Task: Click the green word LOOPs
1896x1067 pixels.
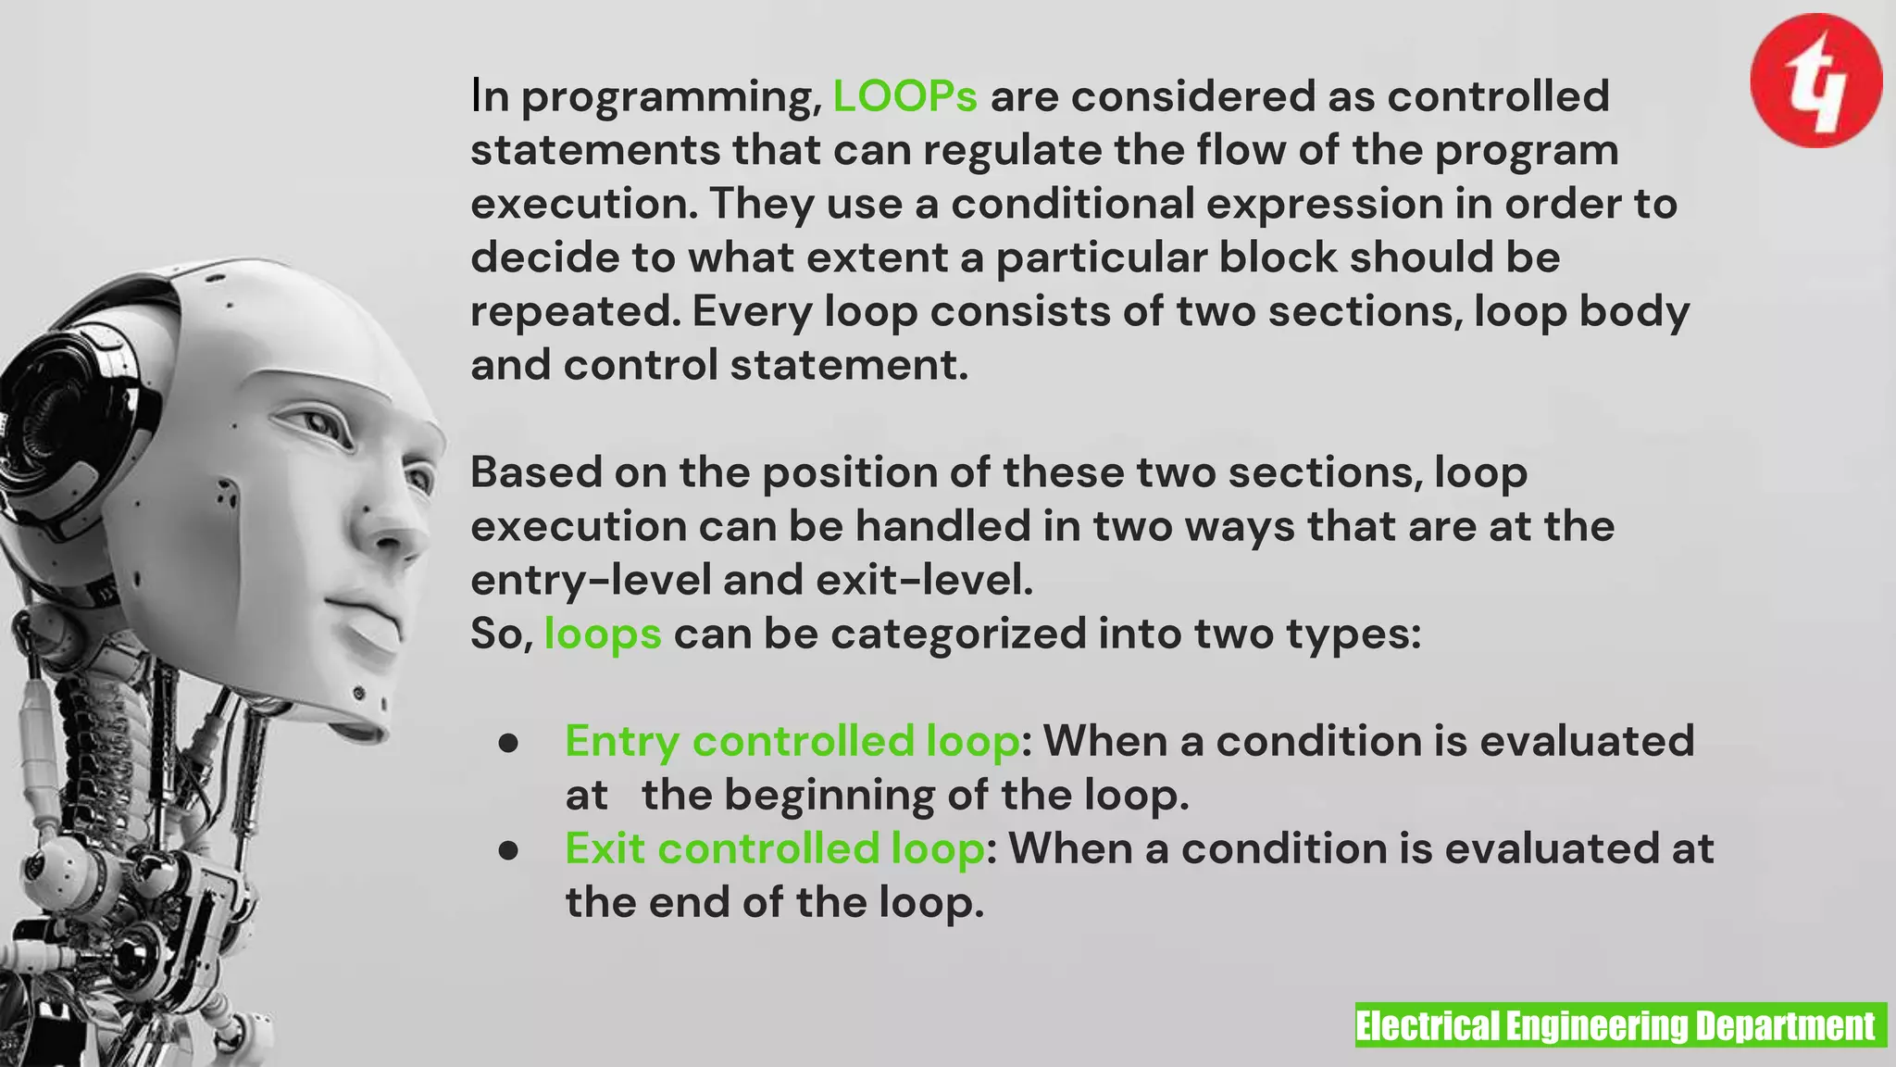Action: [x=904, y=96]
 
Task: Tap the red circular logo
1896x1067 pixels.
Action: [x=1815, y=81]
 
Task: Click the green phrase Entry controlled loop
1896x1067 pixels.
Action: [x=792, y=741]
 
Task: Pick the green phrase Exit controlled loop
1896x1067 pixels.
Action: [x=775, y=848]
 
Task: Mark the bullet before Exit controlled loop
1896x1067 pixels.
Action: [x=507, y=850]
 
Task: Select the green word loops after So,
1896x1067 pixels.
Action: [x=603, y=634]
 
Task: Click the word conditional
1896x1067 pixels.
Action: [x=1073, y=204]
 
